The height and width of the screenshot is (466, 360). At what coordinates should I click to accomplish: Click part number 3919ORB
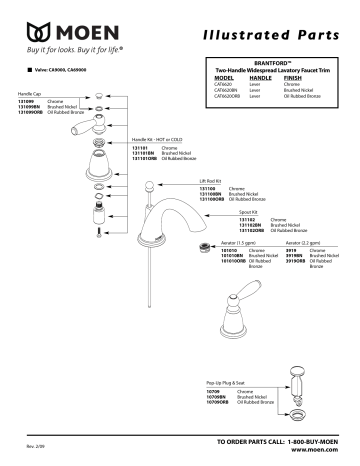(294, 262)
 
